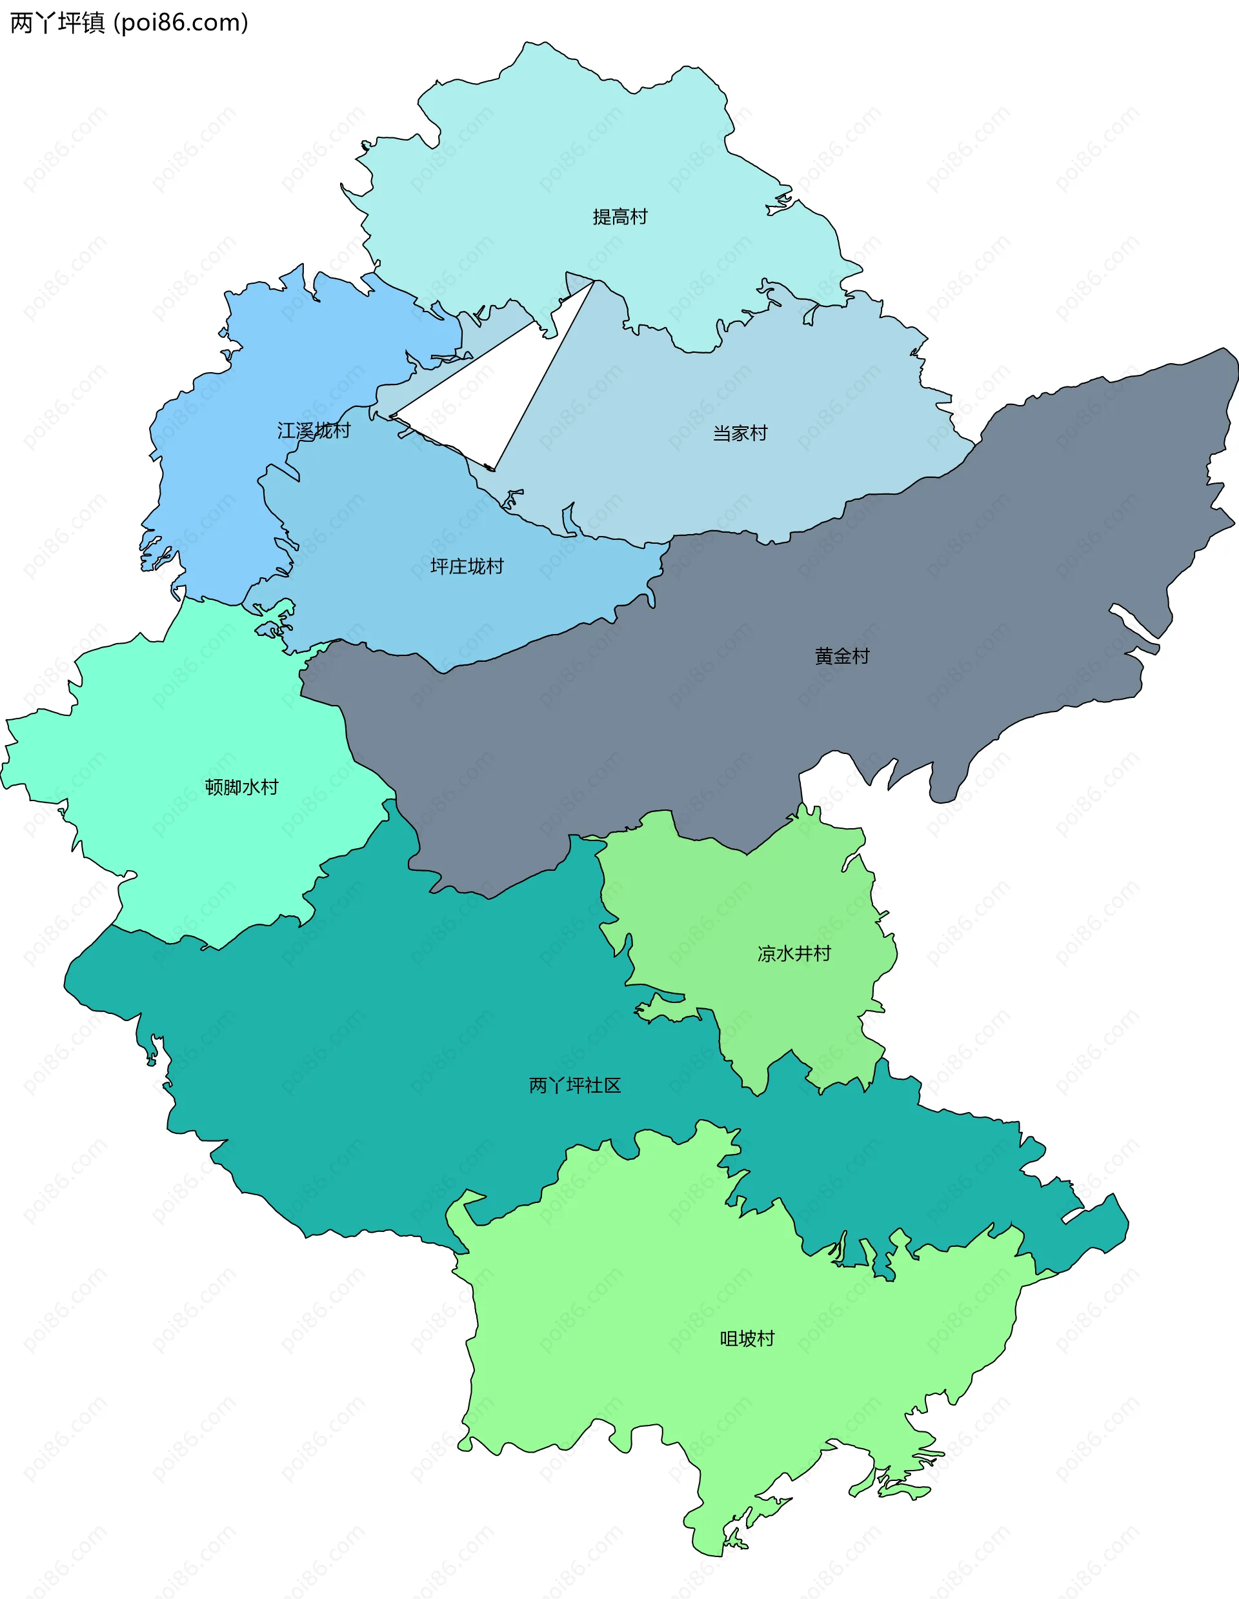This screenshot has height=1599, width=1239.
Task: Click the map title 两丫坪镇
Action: [x=57, y=23]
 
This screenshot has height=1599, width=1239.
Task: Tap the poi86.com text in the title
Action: [x=181, y=23]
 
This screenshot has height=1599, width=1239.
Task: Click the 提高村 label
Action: [x=619, y=217]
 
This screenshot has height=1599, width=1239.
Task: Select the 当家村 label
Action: [x=740, y=433]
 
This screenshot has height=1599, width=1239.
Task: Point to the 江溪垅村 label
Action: [x=314, y=430]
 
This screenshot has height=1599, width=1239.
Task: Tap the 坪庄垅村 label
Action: [x=467, y=566]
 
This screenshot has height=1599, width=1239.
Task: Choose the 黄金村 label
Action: [x=841, y=656]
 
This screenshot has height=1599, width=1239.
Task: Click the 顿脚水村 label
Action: [x=241, y=787]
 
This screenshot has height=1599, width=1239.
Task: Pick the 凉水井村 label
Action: [x=794, y=953]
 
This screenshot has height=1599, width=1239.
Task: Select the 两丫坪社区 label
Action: [x=575, y=1085]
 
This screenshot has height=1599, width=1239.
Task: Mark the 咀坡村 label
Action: [x=747, y=1338]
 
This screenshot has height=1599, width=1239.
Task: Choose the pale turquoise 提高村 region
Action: [x=549, y=161]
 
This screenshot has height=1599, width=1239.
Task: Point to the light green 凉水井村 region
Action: [x=769, y=893]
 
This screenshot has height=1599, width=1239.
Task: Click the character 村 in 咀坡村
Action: [x=766, y=1338]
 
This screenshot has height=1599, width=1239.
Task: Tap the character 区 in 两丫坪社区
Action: [x=612, y=1085]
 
